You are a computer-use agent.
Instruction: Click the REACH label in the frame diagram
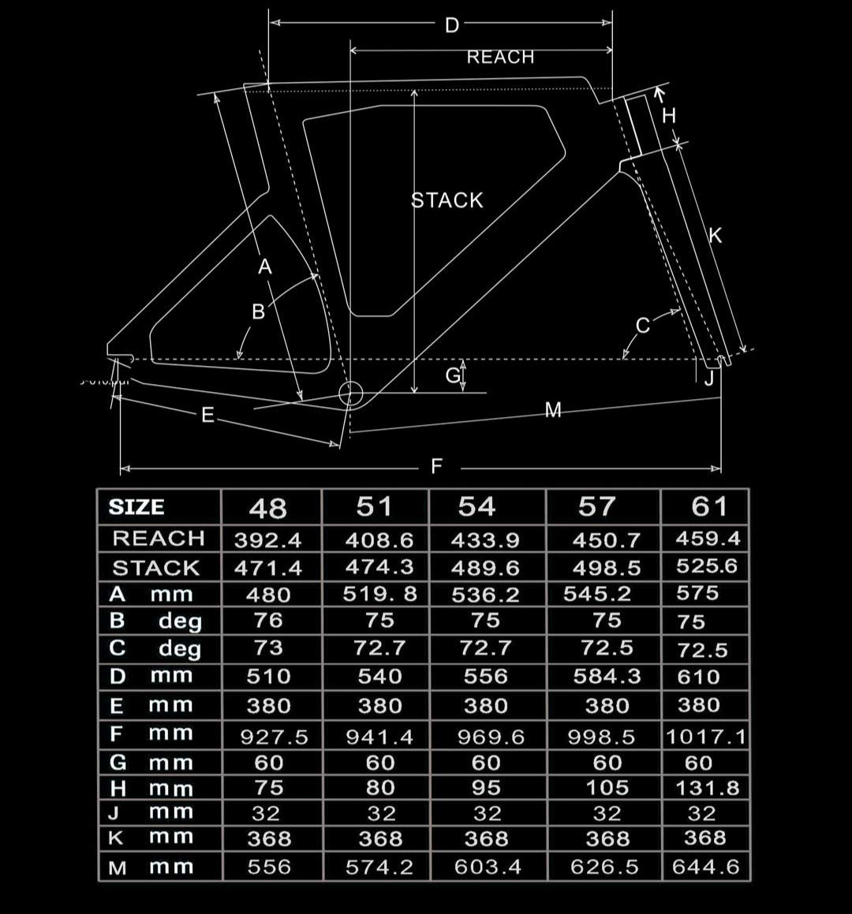coord(500,57)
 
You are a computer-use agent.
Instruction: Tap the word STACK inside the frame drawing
coord(447,200)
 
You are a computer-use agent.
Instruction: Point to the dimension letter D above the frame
coord(452,26)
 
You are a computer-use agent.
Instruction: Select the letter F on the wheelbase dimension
coord(437,466)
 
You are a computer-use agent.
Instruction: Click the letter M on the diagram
coord(553,410)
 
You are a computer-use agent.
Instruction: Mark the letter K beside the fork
coord(715,236)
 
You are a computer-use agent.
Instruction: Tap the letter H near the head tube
coord(669,116)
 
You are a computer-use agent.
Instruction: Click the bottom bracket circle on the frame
coord(350,394)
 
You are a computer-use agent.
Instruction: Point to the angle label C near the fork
coord(643,325)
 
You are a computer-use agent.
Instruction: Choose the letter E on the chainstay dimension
coord(207,415)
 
